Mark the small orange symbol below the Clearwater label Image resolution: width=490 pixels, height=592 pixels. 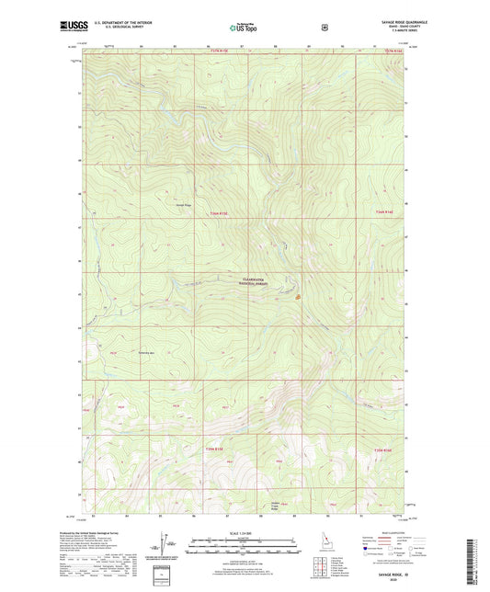click(297, 296)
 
